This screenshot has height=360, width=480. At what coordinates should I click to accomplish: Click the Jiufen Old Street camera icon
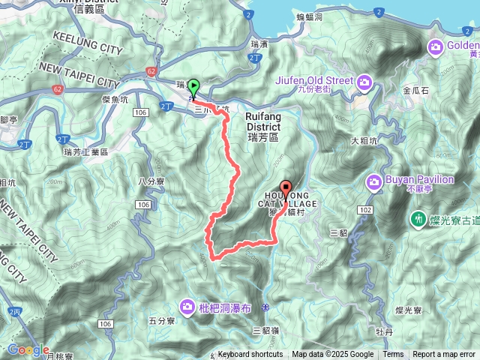364,81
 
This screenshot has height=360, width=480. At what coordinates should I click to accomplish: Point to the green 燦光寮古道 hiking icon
416,219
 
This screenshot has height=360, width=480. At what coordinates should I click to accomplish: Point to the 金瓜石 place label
415,90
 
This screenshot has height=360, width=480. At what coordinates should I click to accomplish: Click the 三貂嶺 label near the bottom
265,330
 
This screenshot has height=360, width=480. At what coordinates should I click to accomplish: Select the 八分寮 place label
151,181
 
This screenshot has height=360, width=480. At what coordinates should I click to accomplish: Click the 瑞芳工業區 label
85,151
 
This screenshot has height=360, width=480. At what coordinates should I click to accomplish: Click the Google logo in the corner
28,350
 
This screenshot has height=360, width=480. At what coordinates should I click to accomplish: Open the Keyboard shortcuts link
250,355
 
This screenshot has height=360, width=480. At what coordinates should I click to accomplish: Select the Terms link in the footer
393,355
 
